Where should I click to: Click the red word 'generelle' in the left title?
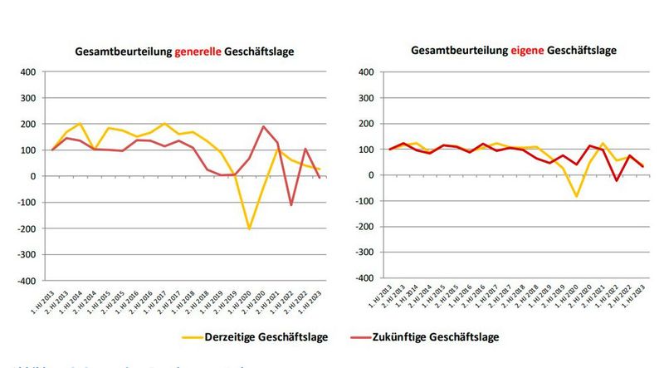click(198, 52)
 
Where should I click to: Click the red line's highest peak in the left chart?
click(264, 127)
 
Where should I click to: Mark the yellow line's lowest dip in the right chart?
click(577, 197)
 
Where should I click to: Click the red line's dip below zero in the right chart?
click(616, 181)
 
